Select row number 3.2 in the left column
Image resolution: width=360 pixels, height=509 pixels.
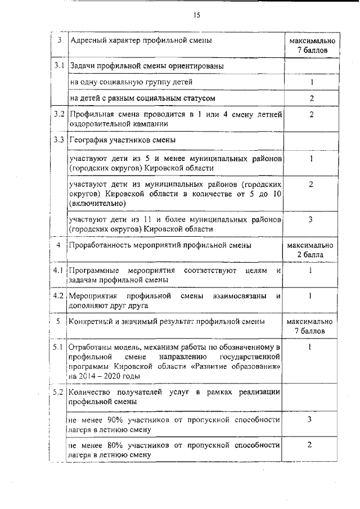coord(59,115)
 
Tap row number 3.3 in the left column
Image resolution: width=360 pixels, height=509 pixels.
coord(59,139)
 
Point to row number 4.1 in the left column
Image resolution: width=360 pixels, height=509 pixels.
coord(59,271)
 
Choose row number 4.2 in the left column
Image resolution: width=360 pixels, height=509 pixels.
coord(59,295)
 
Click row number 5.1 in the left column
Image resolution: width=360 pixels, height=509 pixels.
coord(59,347)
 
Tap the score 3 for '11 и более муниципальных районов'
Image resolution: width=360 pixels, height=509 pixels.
coord(310,219)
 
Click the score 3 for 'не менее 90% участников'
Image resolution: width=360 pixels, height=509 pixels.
coord(310,420)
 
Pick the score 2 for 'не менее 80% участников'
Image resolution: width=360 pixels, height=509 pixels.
coord(310,445)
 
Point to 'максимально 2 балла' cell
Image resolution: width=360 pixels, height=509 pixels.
coord(310,250)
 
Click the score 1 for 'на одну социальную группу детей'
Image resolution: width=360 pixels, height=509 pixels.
coord(310,83)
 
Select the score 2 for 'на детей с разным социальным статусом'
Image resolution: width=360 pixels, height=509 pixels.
coord(310,98)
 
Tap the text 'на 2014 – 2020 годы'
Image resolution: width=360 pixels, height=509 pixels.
coord(103,376)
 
